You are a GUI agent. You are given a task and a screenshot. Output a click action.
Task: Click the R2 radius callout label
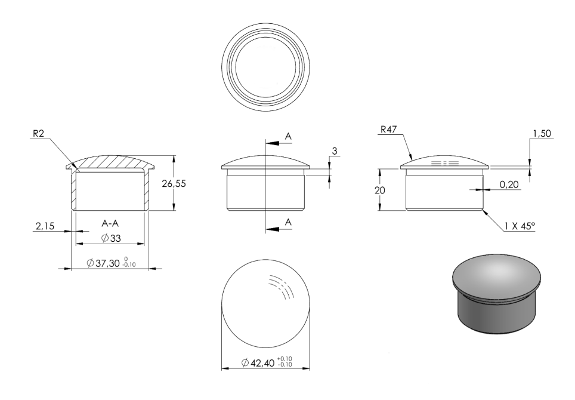point(38,133)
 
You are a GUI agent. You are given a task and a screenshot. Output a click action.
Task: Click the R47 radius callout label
point(389,130)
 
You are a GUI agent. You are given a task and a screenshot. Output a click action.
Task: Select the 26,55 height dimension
point(174,183)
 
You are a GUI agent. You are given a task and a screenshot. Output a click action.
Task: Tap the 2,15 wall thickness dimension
point(45,226)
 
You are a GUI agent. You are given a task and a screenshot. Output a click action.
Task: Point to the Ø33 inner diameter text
point(111,239)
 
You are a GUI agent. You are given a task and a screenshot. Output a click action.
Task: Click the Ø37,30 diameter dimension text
point(103,263)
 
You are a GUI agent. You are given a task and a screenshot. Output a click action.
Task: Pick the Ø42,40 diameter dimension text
point(258,362)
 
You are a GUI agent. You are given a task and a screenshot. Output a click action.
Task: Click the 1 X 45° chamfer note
point(520,226)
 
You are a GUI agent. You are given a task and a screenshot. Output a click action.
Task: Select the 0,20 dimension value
point(509,184)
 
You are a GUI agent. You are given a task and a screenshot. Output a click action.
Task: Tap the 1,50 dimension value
point(542,134)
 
